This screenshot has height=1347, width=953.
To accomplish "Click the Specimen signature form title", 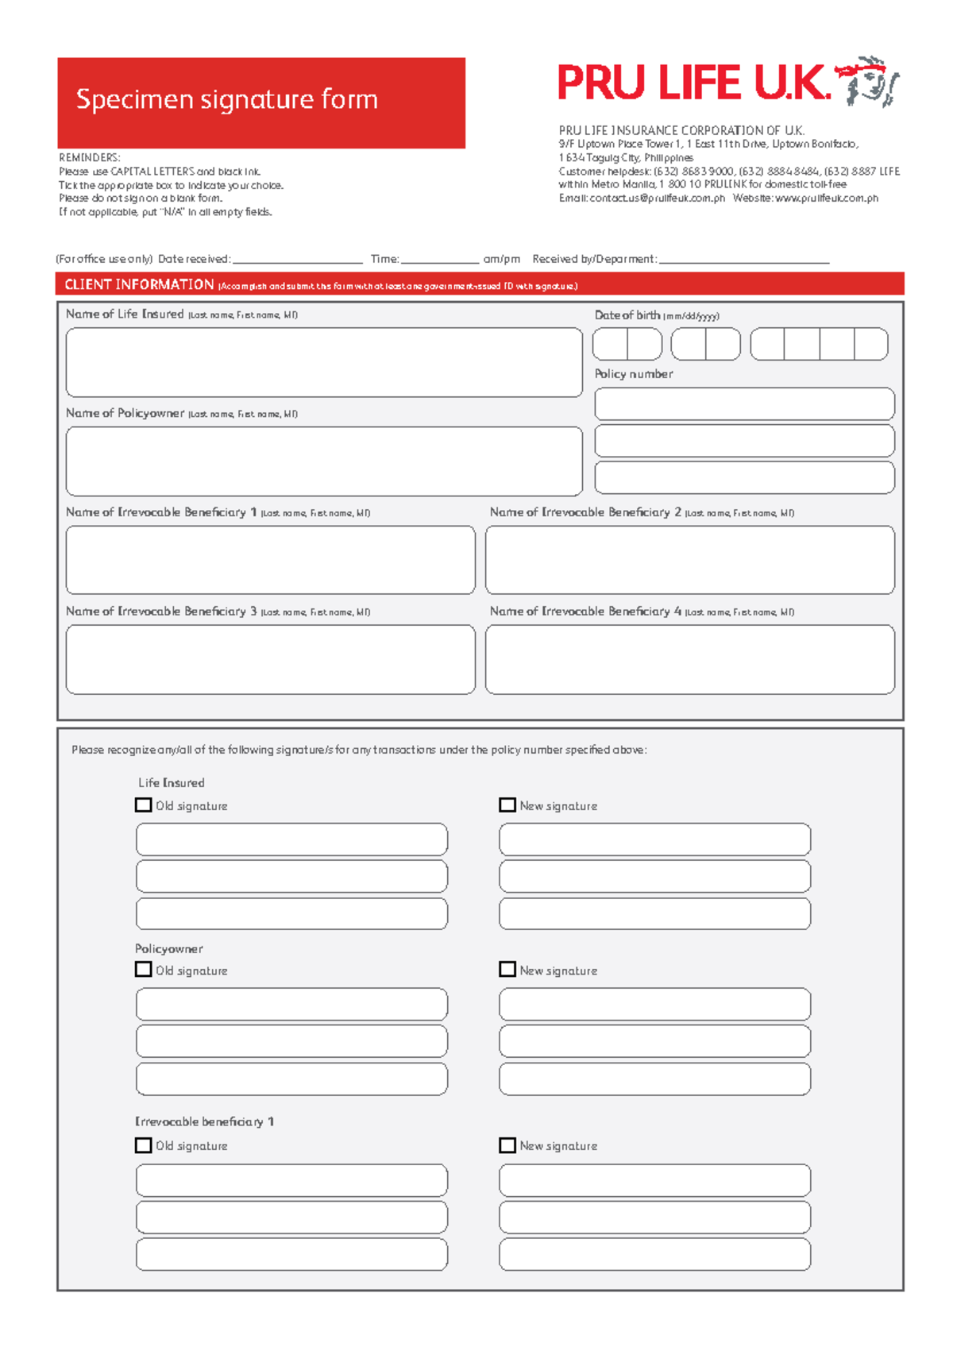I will [x=226, y=100].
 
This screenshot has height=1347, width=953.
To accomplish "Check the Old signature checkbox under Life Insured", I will [x=144, y=805].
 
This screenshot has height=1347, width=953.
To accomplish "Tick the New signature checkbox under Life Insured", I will [x=507, y=805].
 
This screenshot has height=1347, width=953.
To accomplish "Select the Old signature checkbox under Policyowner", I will [x=144, y=969].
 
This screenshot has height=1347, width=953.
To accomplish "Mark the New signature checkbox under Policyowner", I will [x=507, y=969].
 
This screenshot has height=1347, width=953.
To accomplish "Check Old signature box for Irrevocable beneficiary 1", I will [x=144, y=1144].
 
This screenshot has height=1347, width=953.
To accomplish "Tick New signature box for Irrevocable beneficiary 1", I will [x=507, y=1144].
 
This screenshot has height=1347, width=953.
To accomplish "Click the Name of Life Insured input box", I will [x=324, y=362].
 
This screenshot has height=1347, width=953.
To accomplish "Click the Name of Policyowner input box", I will [x=324, y=461].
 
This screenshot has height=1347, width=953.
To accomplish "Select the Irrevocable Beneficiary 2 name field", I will [x=689, y=560].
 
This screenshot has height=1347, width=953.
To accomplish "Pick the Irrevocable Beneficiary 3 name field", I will [x=270, y=659].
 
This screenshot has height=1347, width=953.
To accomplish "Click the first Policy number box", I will [x=744, y=403].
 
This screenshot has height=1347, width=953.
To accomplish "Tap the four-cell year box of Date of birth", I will [x=819, y=344].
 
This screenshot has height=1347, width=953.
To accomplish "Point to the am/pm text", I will [x=502, y=259].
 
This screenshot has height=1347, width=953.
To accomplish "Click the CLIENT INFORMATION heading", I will [x=139, y=284].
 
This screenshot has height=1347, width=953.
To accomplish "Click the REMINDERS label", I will [x=90, y=157].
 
